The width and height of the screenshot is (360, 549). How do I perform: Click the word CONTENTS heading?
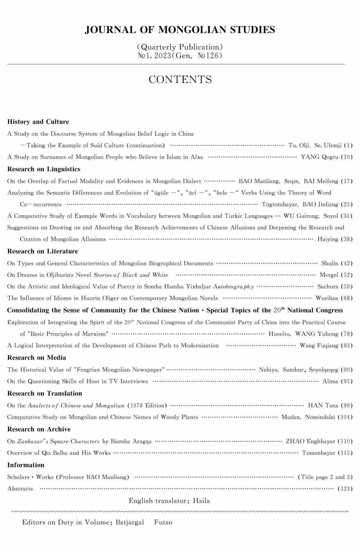click(180, 80)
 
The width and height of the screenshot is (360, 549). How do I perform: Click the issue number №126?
click(210, 56)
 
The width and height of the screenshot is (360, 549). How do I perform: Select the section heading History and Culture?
click(38, 122)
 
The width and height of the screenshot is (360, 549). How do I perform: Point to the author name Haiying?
click(328, 239)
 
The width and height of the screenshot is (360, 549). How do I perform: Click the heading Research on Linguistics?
click(44, 169)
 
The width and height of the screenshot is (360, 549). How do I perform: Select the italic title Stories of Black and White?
click(130, 275)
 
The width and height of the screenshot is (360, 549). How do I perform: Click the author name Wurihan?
click(327, 298)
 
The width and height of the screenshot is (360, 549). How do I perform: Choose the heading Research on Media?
click(36, 357)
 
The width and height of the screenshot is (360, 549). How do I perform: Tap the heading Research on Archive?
click(39, 429)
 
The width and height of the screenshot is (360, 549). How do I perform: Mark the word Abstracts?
click(20, 489)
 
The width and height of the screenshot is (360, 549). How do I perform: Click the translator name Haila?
click(201, 501)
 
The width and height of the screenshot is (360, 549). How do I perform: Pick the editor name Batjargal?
click(129, 522)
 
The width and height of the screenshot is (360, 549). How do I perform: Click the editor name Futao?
click(163, 522)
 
